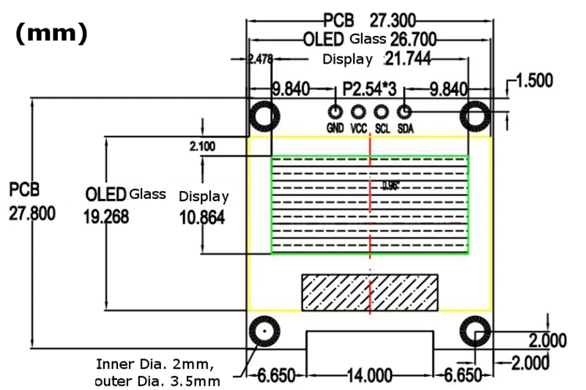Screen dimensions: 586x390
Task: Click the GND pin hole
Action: (x=335, y=112)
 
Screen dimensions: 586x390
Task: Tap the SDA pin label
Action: (x=405, y=129)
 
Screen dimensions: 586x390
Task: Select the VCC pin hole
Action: (x=358, y=112)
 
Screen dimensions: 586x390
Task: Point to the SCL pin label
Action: (x=382, y=129)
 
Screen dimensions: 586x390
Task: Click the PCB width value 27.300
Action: (x=393, y=20)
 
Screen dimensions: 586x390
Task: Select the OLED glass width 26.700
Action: (x=413, y=40)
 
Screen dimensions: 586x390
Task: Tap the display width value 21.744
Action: (x=408, y=59)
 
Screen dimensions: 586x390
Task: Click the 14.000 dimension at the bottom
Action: (x=370, y=375)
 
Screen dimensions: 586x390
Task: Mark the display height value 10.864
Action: (x=202, y=218)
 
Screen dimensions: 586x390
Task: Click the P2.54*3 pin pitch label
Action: (x=369, y=89)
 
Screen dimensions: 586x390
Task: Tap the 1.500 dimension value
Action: (x=535, y=80)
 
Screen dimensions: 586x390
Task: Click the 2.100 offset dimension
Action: (x=202, y=146)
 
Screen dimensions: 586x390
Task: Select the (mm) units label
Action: (x=51, y=33)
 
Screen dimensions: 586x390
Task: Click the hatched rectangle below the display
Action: (x=370, y=293)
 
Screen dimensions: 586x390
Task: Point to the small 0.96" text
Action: (x=391, y=185)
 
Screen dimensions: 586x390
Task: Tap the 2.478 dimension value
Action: (x=261, y=59)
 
